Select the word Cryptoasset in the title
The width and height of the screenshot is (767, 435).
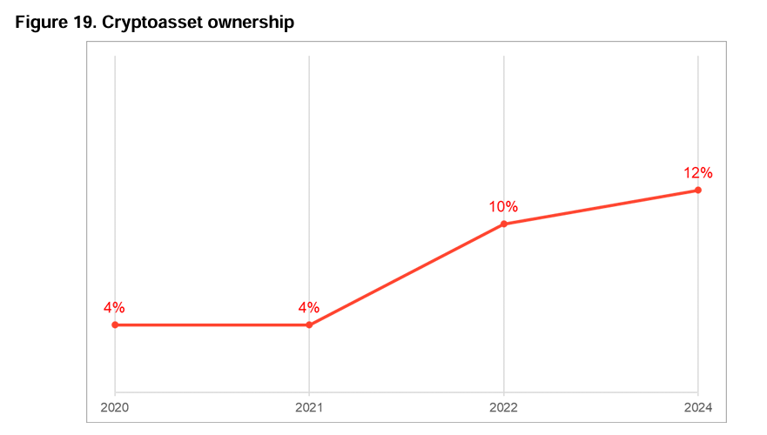pyautogui.click(x=151, y=23)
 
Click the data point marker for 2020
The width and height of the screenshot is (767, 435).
pyautogui.click(x=115, y=325)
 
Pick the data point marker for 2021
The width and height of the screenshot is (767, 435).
pyautogui.click(x=309, y=325)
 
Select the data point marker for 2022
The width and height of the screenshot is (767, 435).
pyautogui.click(x=504, y=224)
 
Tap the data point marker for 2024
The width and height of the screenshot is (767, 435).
pyautogui.click(x=698, y=190)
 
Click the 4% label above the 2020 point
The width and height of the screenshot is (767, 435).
pyautogui.click(x=114, y=307)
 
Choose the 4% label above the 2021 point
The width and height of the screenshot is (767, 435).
pyautogui.click(x=309, y=307)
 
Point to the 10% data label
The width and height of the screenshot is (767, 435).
pyautogui.click(x=503, y=207)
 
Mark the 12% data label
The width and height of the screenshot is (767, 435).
pyautogui.click(x=697, y=172)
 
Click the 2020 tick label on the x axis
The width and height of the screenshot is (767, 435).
pyautogui.click(x=115, y=407)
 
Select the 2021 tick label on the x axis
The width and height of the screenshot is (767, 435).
pyautogui.click(x=309, y=407)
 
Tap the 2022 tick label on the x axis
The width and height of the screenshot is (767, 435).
pyautogui.click(x=504, y=407)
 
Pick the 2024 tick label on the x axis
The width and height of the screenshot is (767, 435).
pyautogui.click(x=698, y=407)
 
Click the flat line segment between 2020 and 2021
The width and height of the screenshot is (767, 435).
pyautogui.click(x=212, y=325)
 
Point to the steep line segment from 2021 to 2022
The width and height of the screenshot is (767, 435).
pyautogui.click(x=407, y=275)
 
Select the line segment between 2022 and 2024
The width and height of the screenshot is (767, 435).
pyautogui.click(x=601, y=207)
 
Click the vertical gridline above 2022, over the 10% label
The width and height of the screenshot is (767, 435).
pyautogui.click(x=504, y=122)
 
